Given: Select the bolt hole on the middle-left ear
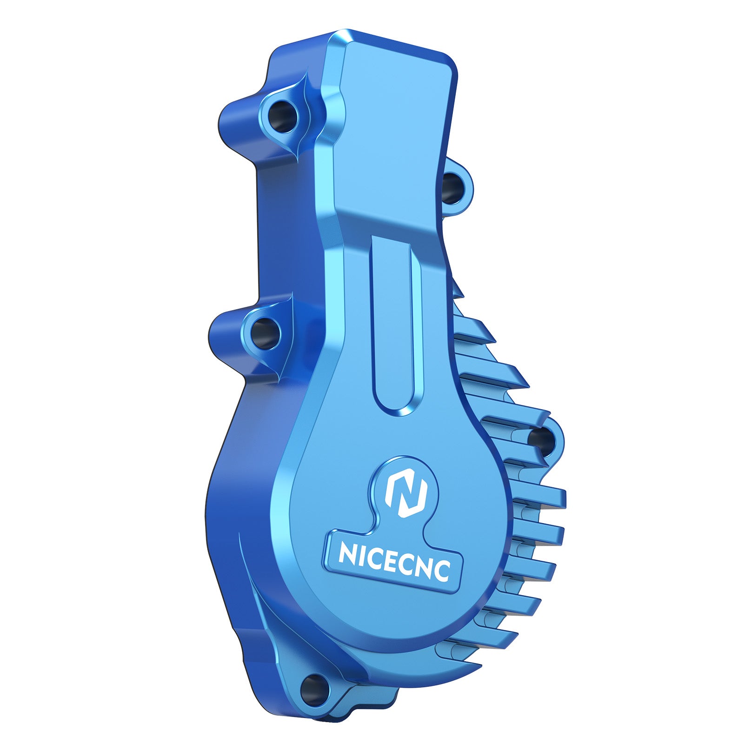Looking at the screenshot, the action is pos(266,332).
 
